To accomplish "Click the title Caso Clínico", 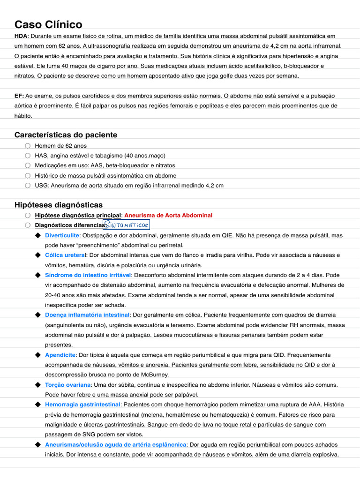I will point(48,24).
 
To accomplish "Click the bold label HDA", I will point(21,36).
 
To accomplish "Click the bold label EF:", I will point(19,96).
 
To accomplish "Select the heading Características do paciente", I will point(66,135).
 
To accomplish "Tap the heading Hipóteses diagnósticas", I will point(59,205).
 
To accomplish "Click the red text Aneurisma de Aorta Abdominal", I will point(168,215).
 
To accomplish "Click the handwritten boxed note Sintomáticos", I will point(126,225).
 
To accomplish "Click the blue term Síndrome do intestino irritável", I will point(88,275).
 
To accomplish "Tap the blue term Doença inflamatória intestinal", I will point(87,315).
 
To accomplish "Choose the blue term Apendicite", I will point(60,355).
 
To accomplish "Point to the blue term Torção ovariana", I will point(68,384).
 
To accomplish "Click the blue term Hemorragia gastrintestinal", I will point(82,404).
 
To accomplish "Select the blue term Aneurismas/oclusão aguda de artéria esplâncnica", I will point(116,444).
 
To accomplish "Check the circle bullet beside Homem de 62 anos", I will point(28,146).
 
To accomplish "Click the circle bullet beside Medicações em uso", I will point(28,165).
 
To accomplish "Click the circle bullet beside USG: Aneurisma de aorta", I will point(28,185).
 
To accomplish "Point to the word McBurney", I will point(152,375).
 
